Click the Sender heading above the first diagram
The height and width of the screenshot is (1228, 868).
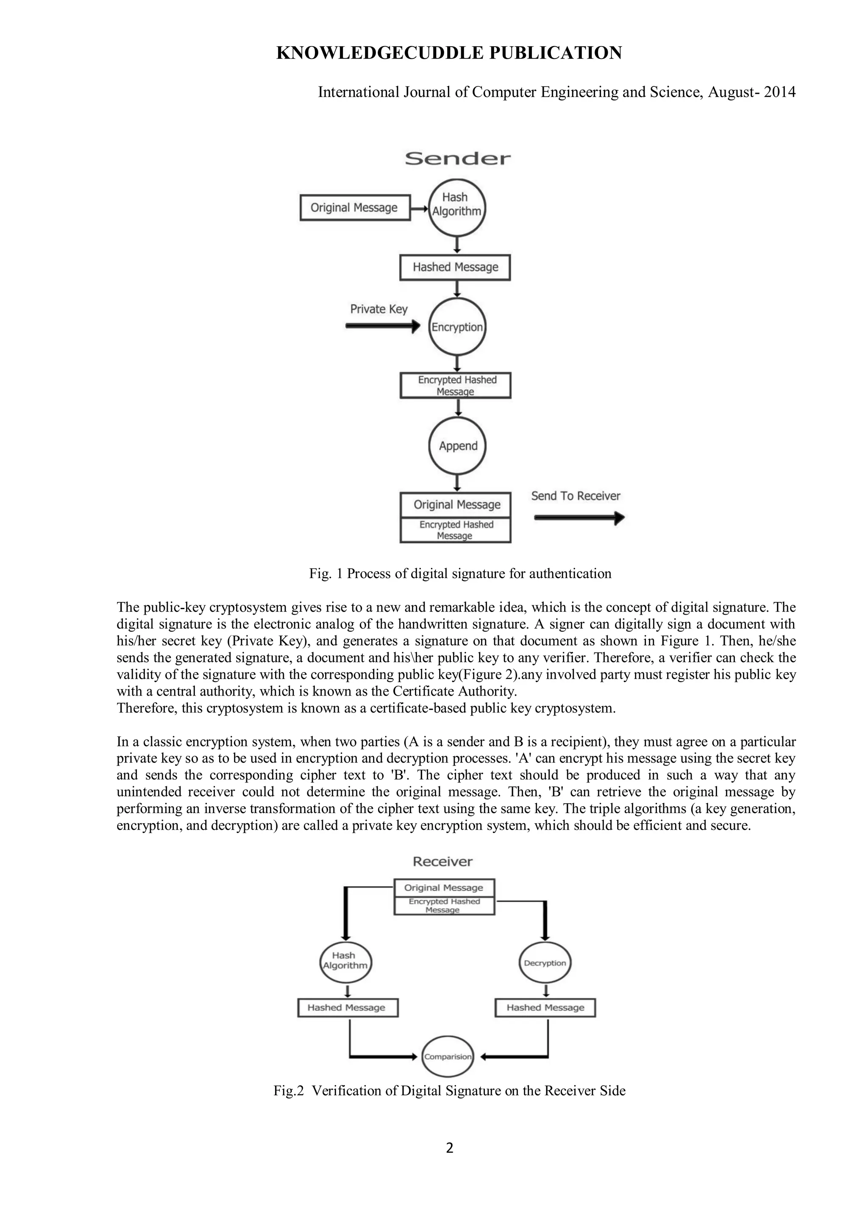click(x=457, y=158)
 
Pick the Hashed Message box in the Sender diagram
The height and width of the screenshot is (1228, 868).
click(x=455, y=267)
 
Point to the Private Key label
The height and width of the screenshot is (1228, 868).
click(x=378, y=309)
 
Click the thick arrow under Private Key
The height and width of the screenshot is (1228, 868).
click(x=383, y=326)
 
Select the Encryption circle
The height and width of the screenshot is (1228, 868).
click(x=457, y=327)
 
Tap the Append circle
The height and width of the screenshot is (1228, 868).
click(x=457, y=446)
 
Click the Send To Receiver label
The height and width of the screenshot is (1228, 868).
click(x=576, y=496)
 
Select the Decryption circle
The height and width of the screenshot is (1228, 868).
click(x=545, y=963)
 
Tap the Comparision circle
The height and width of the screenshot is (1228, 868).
click(x=448, y=1057)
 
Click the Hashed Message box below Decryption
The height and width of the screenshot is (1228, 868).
click(x=545, y=1008)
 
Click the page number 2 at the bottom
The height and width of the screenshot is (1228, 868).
click(x=449, y=1148)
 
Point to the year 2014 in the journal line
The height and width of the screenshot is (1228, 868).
click(x=779, y=92)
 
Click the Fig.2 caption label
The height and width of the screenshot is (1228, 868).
click(x=288, y=1091)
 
